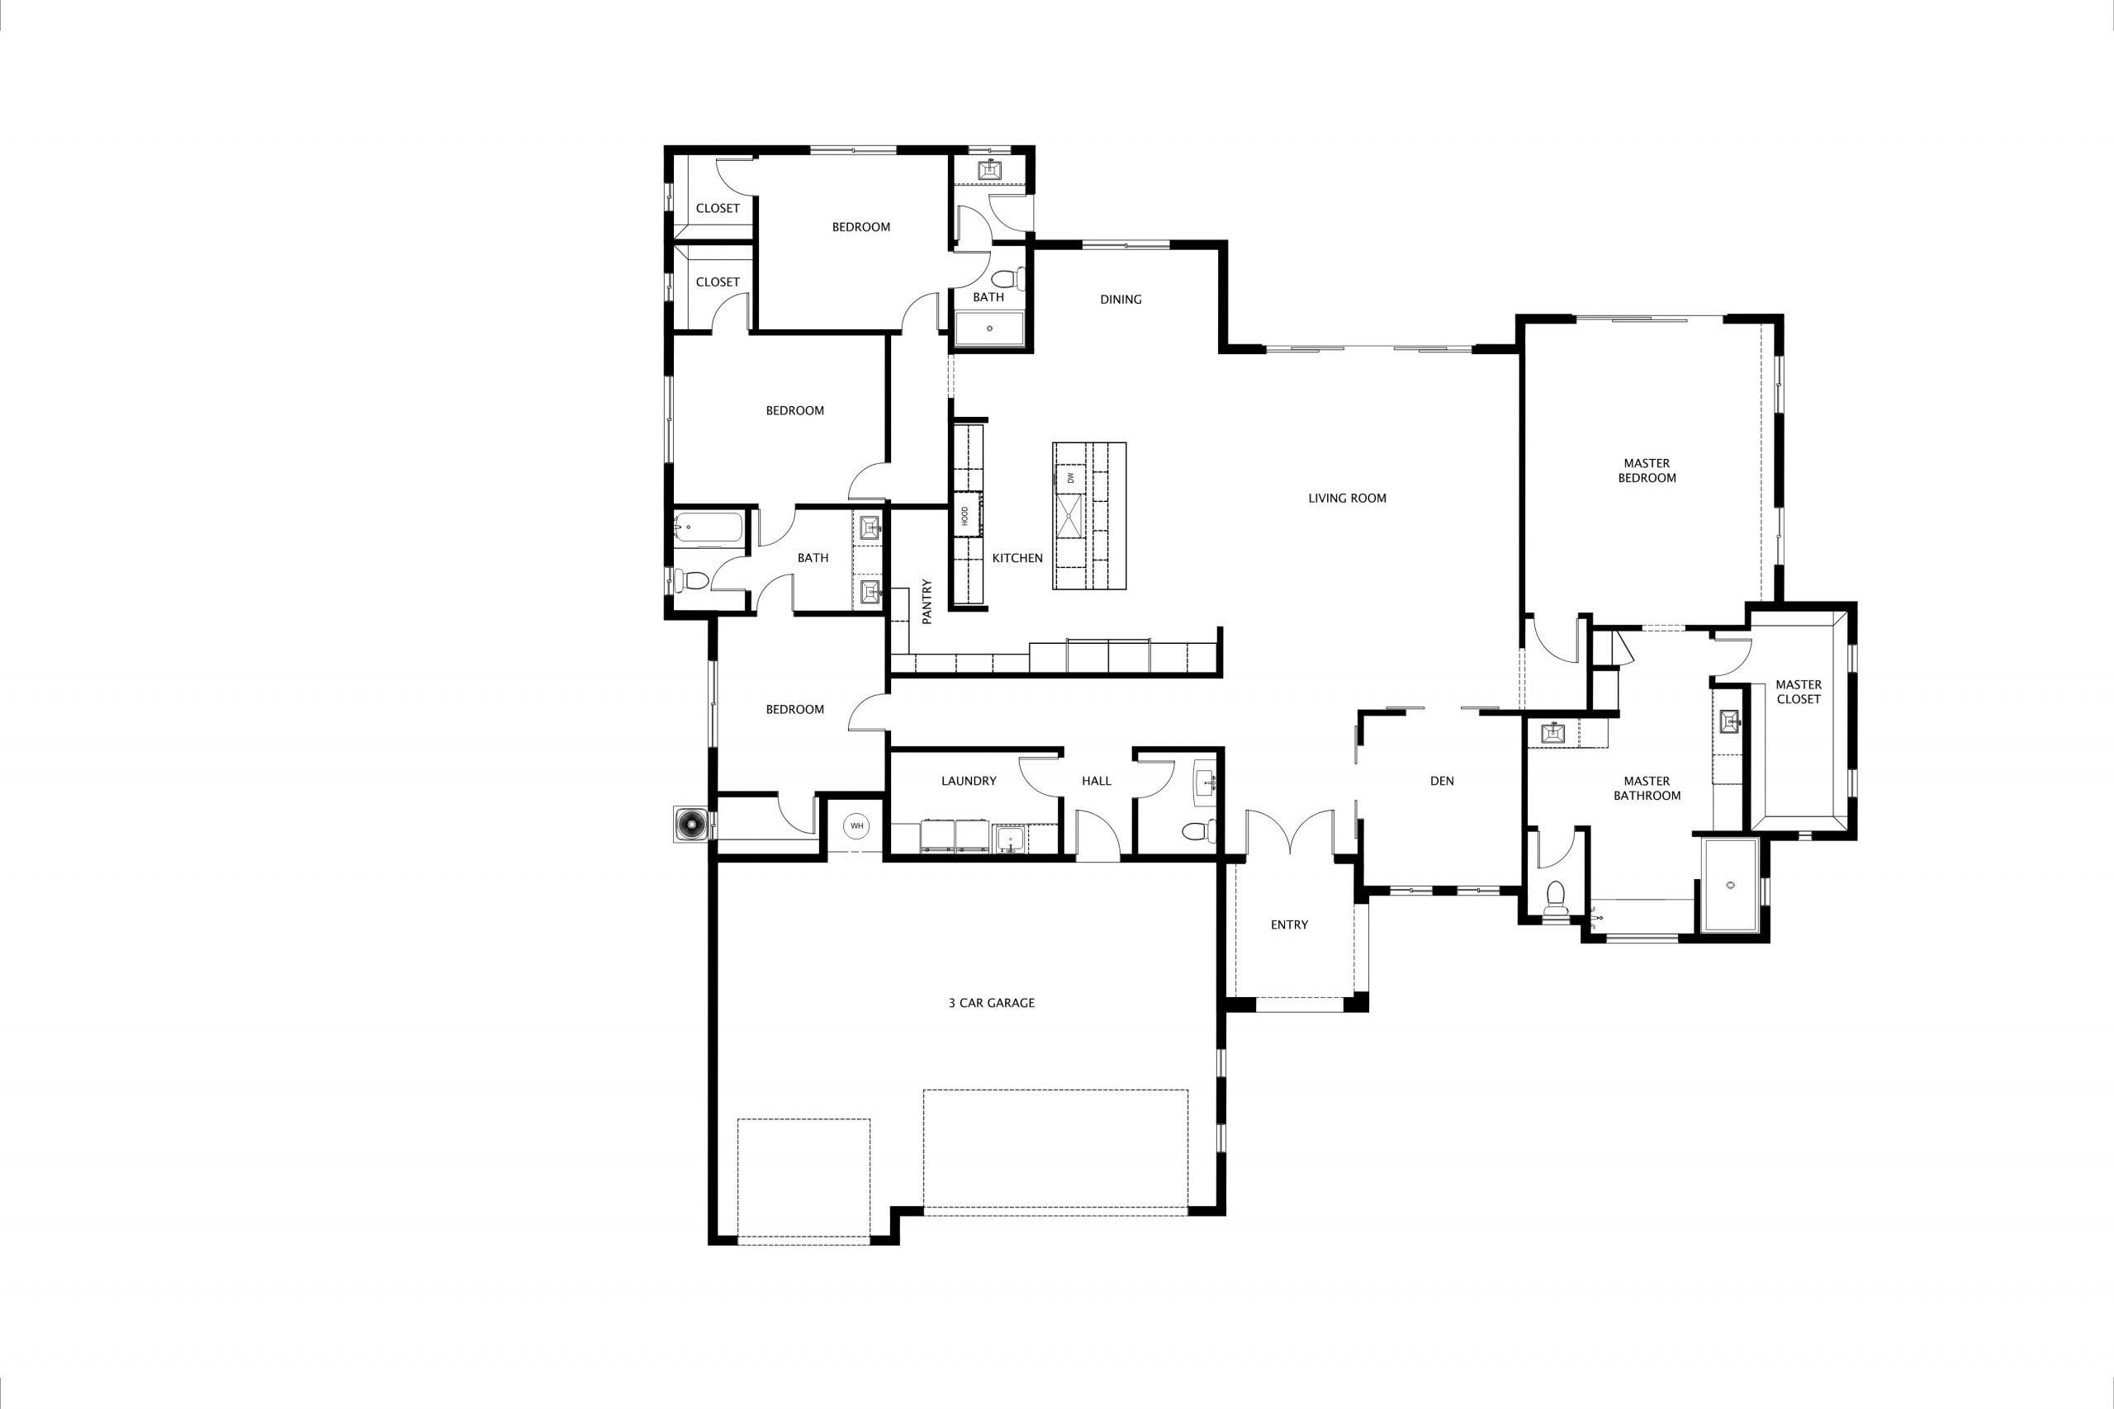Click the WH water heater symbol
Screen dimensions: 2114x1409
pyautogui.click(x=856, y=825)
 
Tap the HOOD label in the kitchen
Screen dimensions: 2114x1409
pyautogui.click(x=965, y=516)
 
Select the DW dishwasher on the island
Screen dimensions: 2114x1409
pyautogui.click(x=1070, y=477)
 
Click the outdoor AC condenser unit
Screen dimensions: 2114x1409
pyautogui.click(x=692, y=824)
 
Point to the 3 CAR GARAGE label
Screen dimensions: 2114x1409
pyautogui.click(x=992, y=1003)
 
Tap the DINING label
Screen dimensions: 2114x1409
pyautogui.click(x=1121, y=300)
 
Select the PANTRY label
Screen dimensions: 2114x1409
pyautogui.click(x=927, y=601)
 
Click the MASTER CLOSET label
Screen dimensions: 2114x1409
pyautogui.click(x=1798, y=691)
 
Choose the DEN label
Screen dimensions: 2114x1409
pyautogui.click(x=1442, y=781)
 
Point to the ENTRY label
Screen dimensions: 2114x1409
pyautogui.click(x=1289, y=924)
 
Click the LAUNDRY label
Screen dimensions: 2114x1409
pyautogui.click(x=968, y=781)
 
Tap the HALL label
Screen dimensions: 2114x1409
pyautogui.click(x=1096, y=781)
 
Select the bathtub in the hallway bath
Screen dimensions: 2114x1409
pyautogui.click(x=709, y=527)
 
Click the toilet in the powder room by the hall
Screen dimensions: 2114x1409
pyautogui.click(x=1199, y=831)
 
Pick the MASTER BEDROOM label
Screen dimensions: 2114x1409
pyautogui.click(x=1647, y=470)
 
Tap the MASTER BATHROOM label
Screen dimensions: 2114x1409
pyautogui.click(x=1647, y=788)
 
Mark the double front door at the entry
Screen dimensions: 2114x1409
pyautogui.click(x=1289, y=831)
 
